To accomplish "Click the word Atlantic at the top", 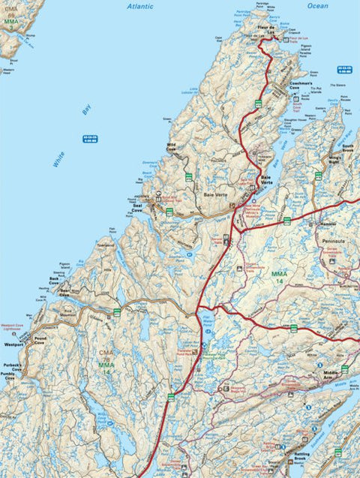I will click(139, 5).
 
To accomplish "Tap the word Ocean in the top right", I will click(317, 5).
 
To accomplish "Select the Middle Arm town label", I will click(331, 373).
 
